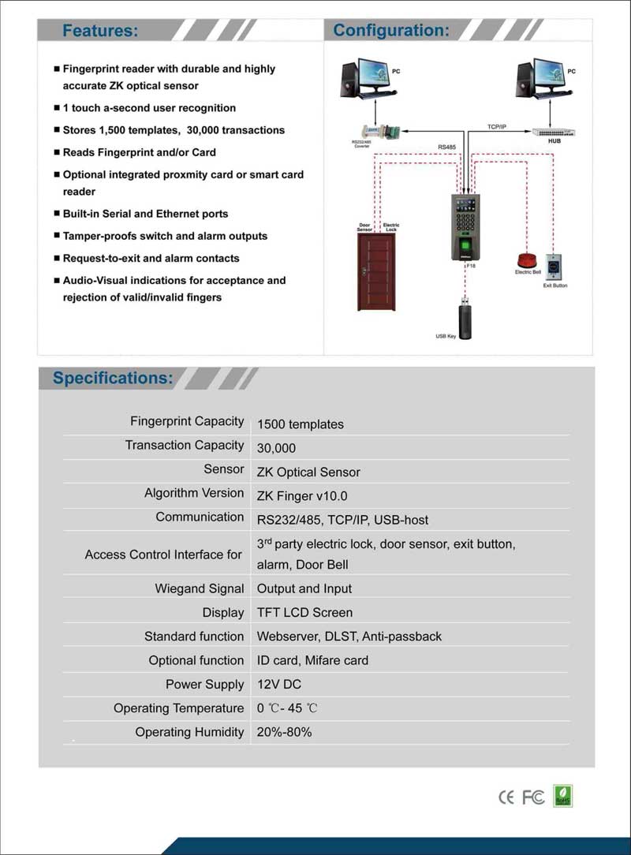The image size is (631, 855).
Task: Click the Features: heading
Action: coord(100,31)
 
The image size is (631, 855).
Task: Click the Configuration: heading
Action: coord(391,30)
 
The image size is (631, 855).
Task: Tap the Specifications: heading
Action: coord(113,378)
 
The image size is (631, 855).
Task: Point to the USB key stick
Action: coord(465,320)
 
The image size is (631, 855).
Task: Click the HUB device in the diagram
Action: coord(553,132)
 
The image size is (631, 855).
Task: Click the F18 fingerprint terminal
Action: coord(465,227)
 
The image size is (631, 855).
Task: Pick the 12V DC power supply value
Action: coord(279,685)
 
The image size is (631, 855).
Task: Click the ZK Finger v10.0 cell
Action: coord(302,496)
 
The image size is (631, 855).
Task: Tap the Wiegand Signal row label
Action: coord(200,588)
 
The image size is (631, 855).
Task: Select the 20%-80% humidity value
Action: coord(284,732)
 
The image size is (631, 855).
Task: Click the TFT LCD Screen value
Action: coord(304,612)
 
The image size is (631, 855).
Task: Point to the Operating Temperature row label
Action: coord(178,708)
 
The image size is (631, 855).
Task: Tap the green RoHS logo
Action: coord(563,795)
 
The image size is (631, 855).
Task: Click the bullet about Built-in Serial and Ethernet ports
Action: coord(145,214)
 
